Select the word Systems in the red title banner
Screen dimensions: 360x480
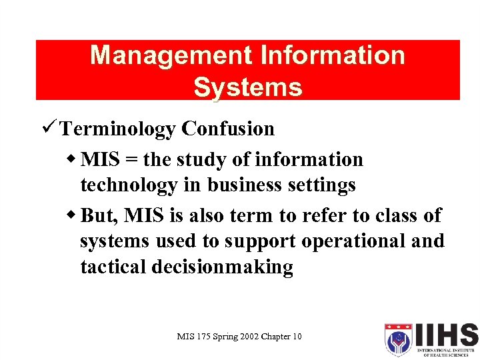(247, 87)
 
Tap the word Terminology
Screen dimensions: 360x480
(118, 129)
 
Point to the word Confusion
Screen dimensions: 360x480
(227, 129)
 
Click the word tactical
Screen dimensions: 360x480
(113, 267)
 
